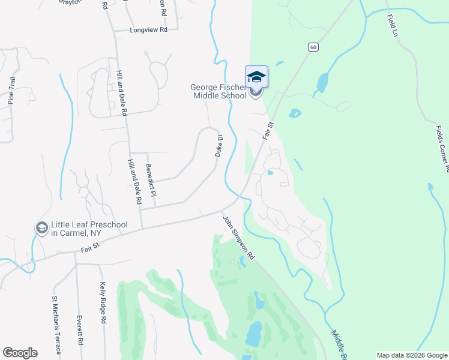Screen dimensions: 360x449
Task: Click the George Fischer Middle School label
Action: pyautogui.click(x=218, y=91)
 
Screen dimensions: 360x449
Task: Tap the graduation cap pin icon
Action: pyautogui.click(x=256, y=77)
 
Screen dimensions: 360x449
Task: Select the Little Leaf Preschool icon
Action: pyautogui.click(x=41, y=228)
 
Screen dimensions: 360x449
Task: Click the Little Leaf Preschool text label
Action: pyautogui.click(x=90, y=229)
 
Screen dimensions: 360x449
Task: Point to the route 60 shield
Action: pyautogui.click(x=313, y=46)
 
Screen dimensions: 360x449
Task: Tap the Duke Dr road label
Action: pyautogui.click(x=219, y=146)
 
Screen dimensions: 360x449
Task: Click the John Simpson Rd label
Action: pyautogui.click(x=239, y=238)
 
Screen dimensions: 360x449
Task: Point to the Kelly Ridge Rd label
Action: pyautogui.click(x=103, y=304)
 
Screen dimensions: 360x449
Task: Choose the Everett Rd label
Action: pyautogui.click(x=79, y=330)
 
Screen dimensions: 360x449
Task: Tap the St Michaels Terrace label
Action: pyautogui.click(x=55, y=325)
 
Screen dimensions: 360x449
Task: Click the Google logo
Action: pyautogui.click(x=20, y=353)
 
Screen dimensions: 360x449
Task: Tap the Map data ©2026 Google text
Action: pyautogui.click(x=411, y=355)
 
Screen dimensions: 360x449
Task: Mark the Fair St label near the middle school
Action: pyautogui.click(x=268, y=131)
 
